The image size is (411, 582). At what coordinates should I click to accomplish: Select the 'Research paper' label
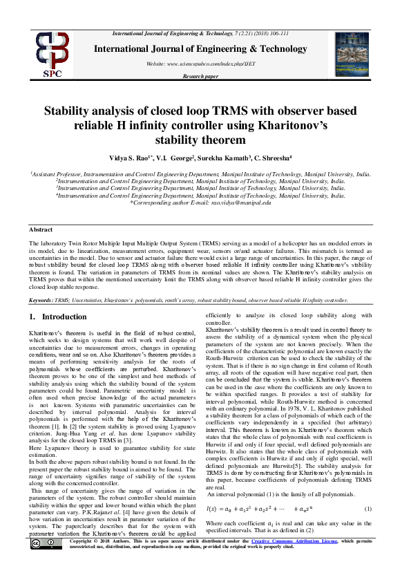point(200,75)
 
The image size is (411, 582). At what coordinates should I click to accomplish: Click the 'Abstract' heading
point(41,229)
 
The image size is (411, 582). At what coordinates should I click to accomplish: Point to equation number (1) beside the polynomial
point(368,509)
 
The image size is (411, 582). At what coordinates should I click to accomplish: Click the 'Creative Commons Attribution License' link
point(293,561)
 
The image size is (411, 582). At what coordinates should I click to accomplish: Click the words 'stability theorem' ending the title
point(205,140)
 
